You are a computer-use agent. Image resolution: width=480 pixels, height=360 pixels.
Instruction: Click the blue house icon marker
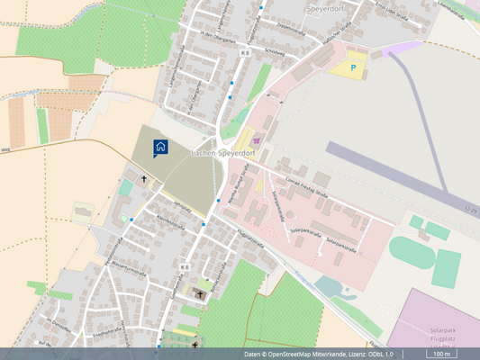159,148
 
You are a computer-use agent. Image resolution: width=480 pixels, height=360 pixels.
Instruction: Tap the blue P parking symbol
353,66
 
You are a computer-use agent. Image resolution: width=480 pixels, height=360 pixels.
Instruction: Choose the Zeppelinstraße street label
292,27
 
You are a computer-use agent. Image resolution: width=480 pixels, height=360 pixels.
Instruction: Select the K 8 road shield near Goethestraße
184,267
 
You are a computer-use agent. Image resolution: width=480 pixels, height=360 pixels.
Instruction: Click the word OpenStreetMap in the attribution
305,354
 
